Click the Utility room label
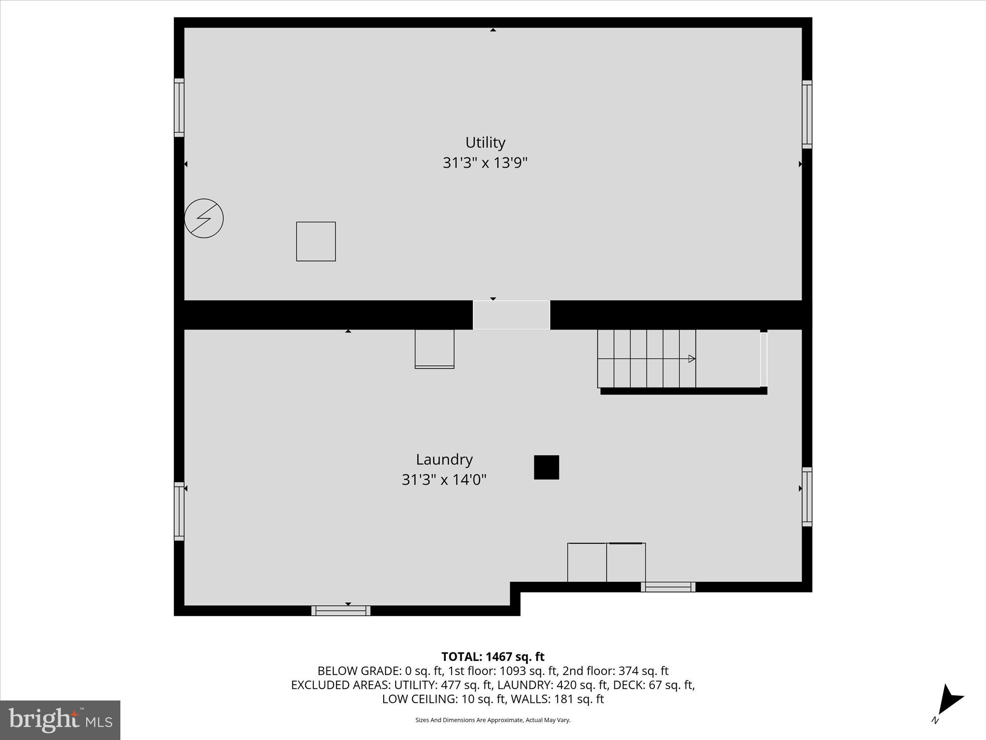coord(485,143)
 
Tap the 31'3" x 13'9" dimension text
coord(485,163)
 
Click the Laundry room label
coord(444,460)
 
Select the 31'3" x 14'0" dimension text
coord(444,480)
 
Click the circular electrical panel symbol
coord(204,218)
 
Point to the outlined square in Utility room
coord(316,241)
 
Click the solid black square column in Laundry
coord(546,467)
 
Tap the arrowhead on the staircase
coord(692,358)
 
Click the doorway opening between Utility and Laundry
coord(511,315)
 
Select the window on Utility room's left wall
coord(179,107)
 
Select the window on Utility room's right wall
coord(807,114)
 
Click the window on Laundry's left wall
coord(179,511)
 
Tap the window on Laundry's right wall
coord(807,496)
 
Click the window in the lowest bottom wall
coord(341,610)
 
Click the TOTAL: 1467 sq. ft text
coord(493,657)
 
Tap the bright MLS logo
coord(60,720)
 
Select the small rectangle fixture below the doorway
coord(434,349)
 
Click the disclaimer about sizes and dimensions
coord(493,720)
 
